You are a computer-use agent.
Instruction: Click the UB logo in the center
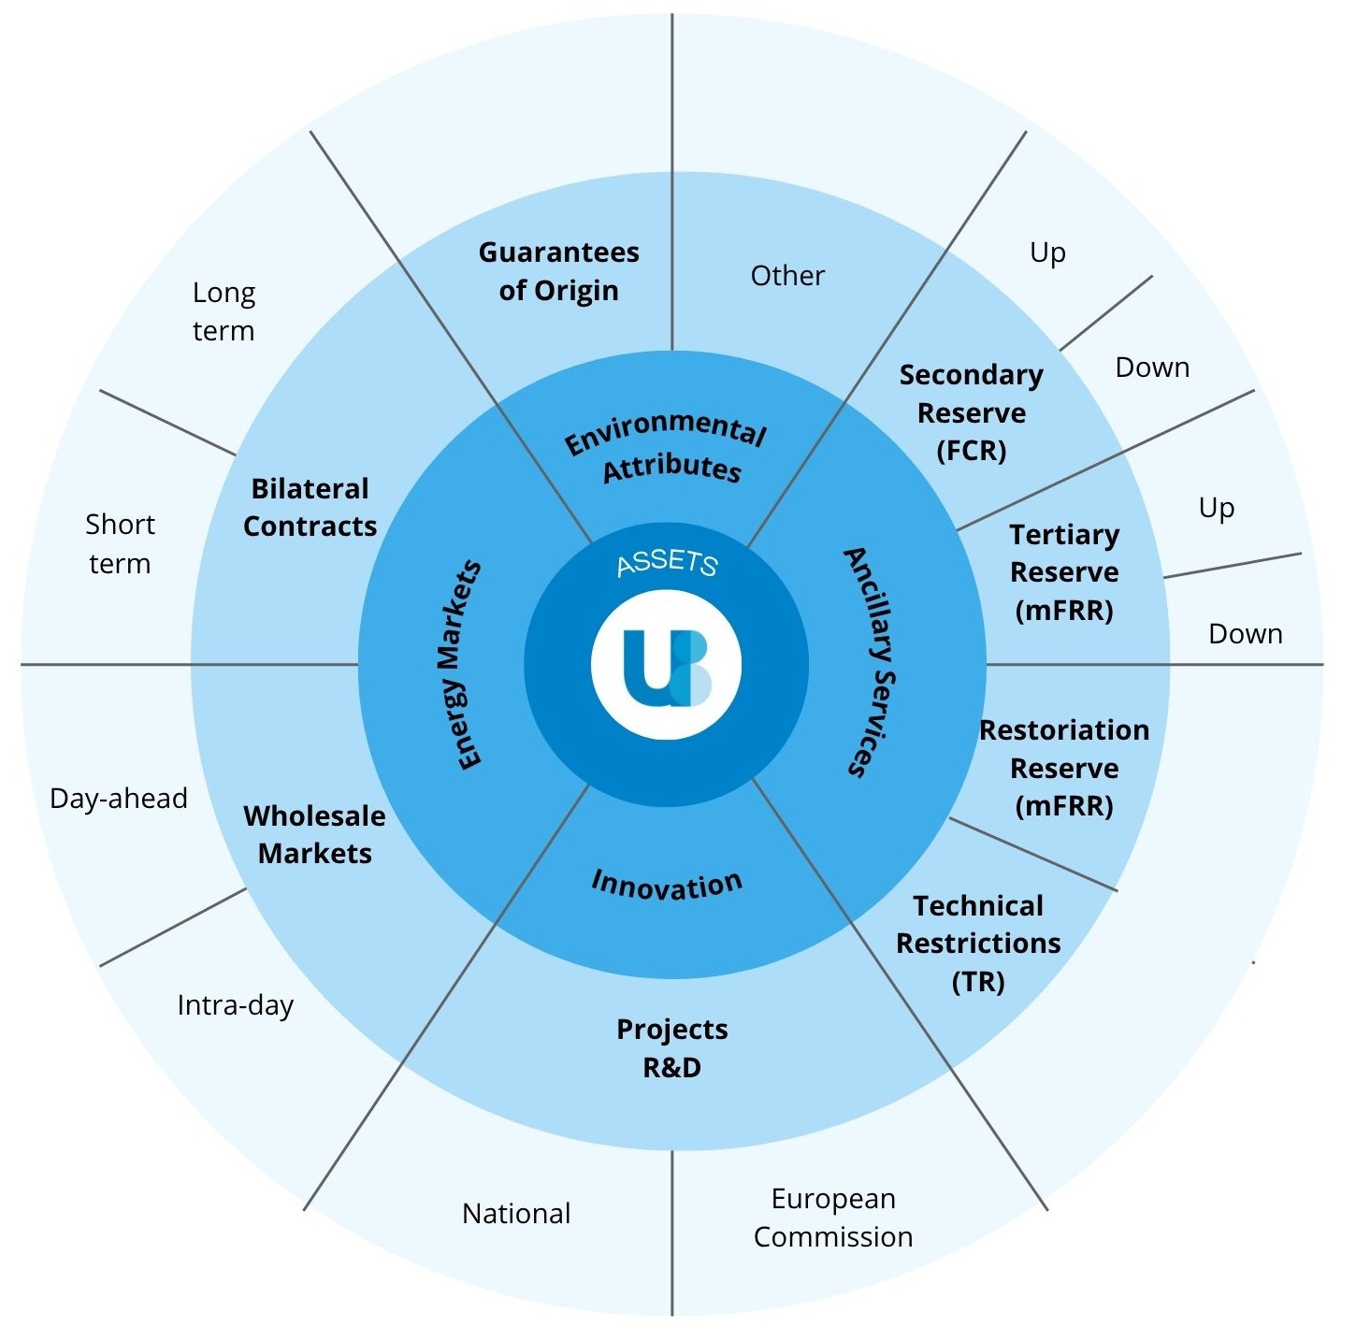[666, 665]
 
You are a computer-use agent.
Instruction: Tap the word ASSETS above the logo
[667, 562]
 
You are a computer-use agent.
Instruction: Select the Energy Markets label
[458, 665]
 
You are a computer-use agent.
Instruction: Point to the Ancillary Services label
[871, 662]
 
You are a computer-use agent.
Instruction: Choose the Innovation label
[667, 884]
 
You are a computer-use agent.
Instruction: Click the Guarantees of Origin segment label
[558, 271]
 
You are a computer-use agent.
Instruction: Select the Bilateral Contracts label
[310, 507]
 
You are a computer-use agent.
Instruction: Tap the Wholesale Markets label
[314, 834]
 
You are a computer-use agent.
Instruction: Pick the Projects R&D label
[671, 1047]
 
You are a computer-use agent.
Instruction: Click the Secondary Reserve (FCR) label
[972, 412]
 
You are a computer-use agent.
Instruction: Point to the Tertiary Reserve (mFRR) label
[1064, 572]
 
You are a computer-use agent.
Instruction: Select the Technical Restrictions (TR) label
[978, 943]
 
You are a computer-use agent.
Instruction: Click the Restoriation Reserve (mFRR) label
[1064, 768]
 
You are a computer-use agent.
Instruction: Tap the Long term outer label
[224, 311]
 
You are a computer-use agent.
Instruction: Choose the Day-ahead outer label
[119, 798]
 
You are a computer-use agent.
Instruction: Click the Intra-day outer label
[236, 1004]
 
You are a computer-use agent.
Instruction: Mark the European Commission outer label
[833, 1217]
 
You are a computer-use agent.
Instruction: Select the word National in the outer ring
[516, 1213]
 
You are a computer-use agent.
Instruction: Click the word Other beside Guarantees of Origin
[787, 275]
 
